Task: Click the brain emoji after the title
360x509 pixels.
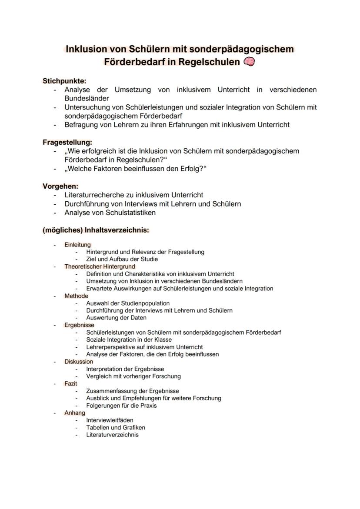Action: (250, 62)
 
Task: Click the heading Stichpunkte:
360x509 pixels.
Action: (64, 81)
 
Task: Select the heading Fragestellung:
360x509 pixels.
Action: (67, 142)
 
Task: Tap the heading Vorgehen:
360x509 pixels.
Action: (60, 186)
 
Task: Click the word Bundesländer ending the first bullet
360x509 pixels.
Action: (87, 98)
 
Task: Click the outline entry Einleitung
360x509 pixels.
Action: (77, 245)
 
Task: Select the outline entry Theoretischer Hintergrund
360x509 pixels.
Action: (100, 266)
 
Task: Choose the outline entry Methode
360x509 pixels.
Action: (76, 296)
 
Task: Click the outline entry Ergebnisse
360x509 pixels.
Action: (79, 325)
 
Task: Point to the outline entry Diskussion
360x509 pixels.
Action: (79, 362)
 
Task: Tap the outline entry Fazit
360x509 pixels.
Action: (71, 384)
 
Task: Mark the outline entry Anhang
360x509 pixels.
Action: (75, 413)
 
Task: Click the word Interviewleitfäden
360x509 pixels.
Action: (110, 420)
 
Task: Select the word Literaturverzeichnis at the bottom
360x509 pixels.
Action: (112, 435)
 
